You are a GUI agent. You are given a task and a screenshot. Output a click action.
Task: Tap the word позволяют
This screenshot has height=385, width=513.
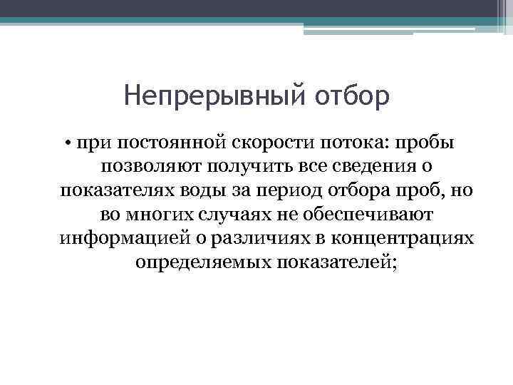[x=145, y=166]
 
